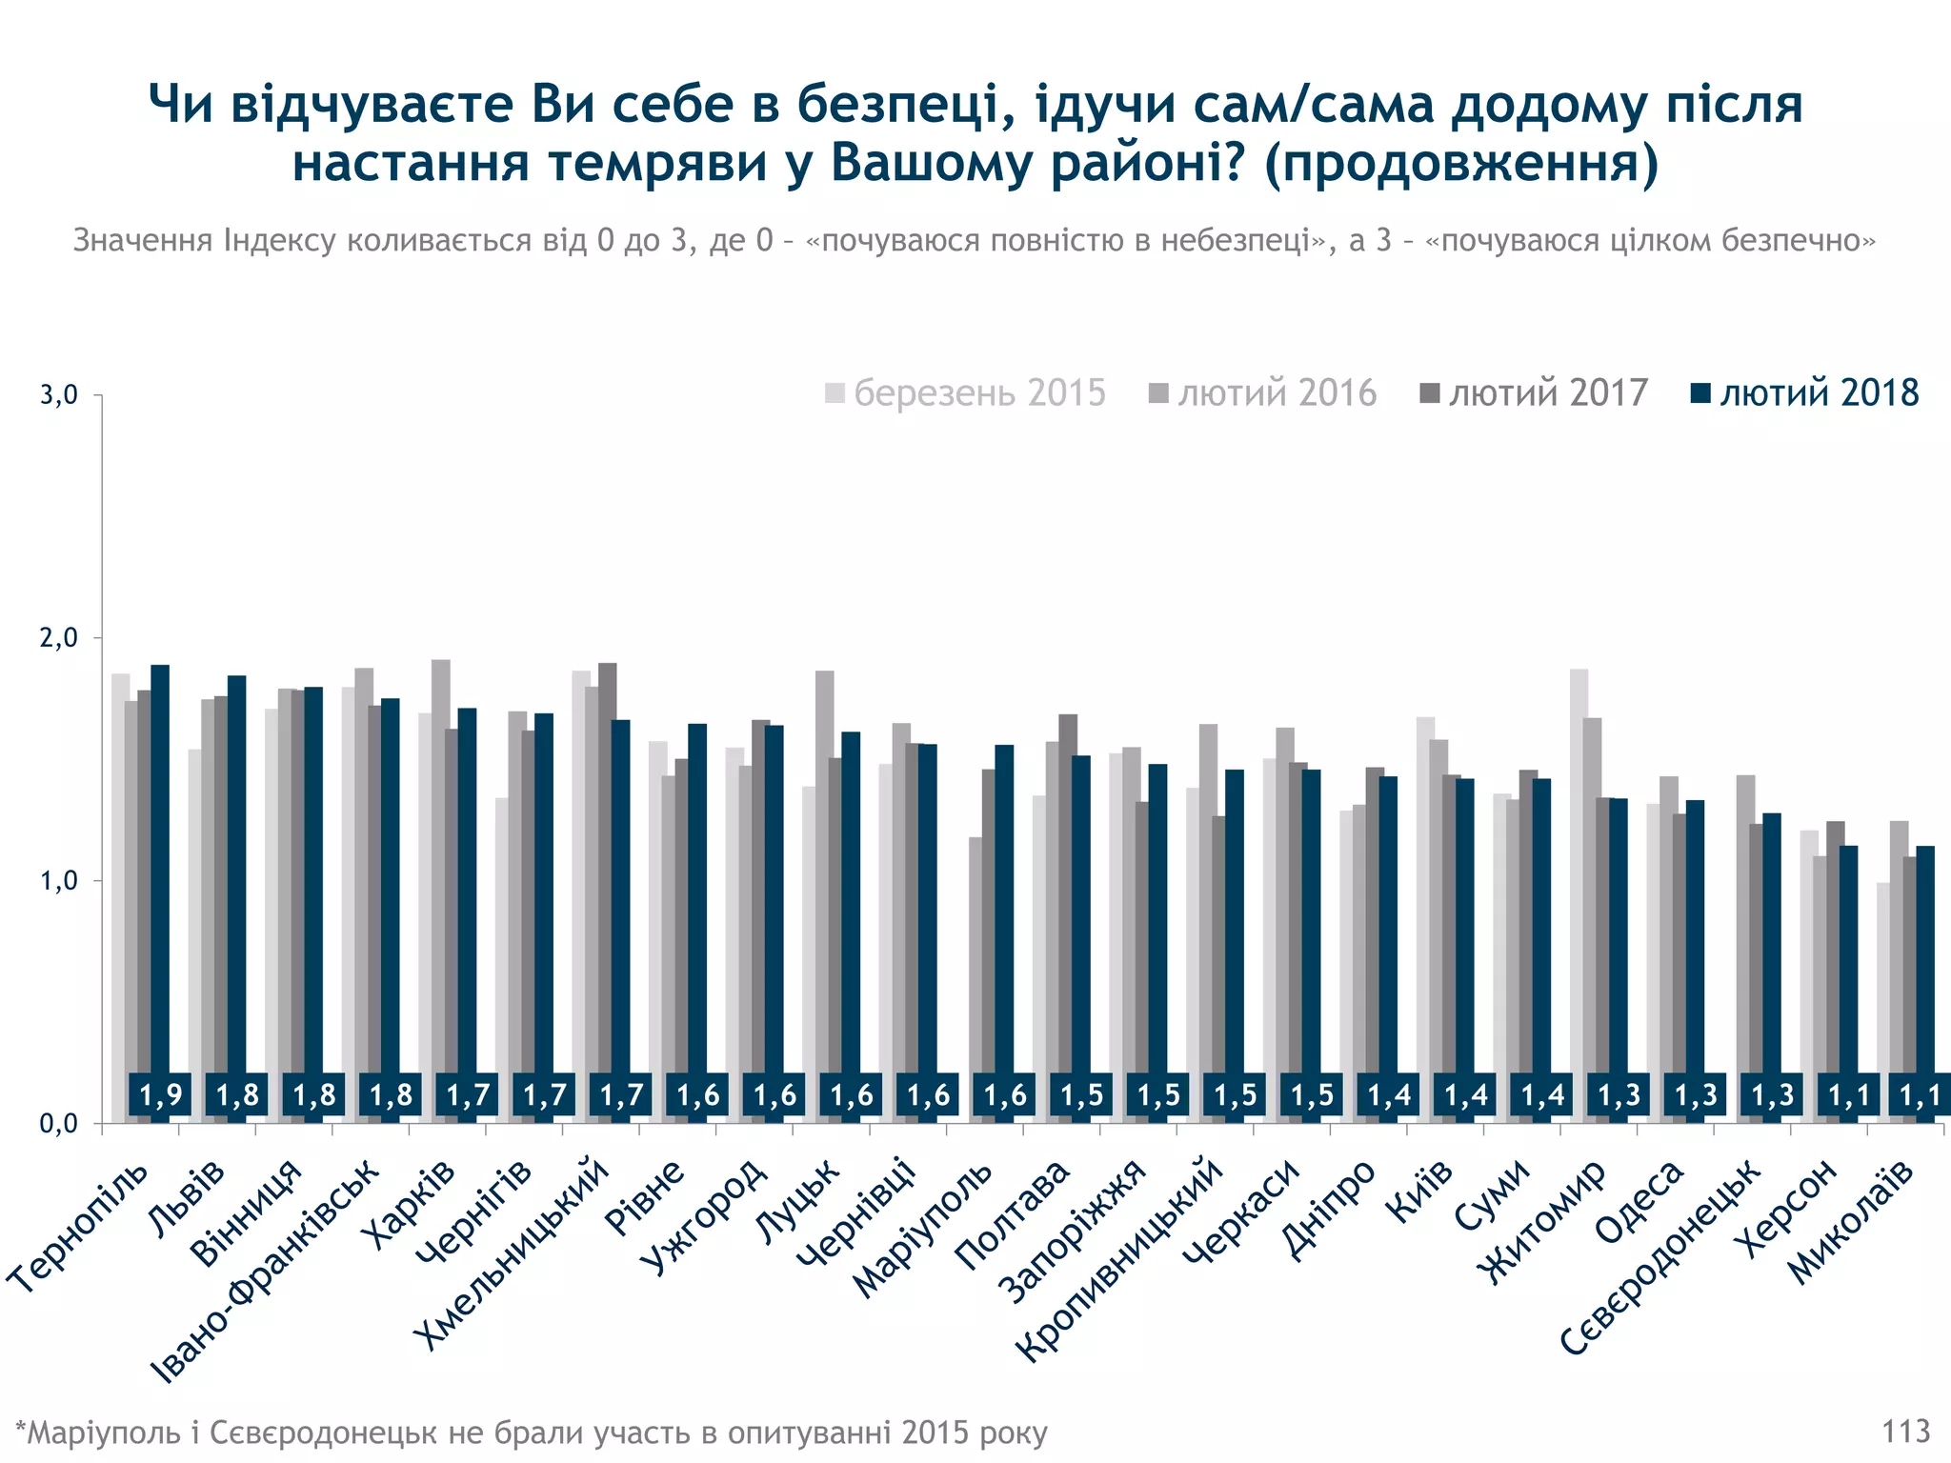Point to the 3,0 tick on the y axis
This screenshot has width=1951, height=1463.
coord(59,395)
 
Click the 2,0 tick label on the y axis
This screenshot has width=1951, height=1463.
coord(59,638)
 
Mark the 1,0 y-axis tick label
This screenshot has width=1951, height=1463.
coord(59,881)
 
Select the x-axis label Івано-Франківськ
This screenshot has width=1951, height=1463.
coord(267,1272)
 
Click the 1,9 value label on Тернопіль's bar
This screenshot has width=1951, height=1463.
coord(160,1095)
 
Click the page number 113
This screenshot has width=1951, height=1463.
coord(1905,1432)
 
